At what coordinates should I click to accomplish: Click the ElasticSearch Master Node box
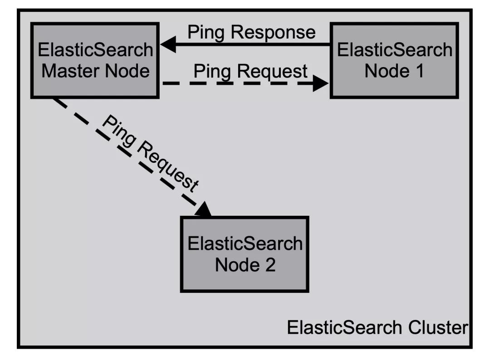(x=95, y=60)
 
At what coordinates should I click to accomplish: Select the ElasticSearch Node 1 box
(x=394, y=60)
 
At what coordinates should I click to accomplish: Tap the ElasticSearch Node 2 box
(x=245, y=254)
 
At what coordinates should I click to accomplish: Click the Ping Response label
(x=251, y=33)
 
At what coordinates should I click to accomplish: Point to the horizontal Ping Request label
(x=250, y=72)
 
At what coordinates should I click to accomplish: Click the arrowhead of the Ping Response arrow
(x=169, y=45)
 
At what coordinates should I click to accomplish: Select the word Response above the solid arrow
(x=277, y=33)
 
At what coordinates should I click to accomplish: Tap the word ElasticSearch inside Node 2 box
(x=245, y=243)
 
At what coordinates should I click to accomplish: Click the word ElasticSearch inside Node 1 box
(x=394, y=49)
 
